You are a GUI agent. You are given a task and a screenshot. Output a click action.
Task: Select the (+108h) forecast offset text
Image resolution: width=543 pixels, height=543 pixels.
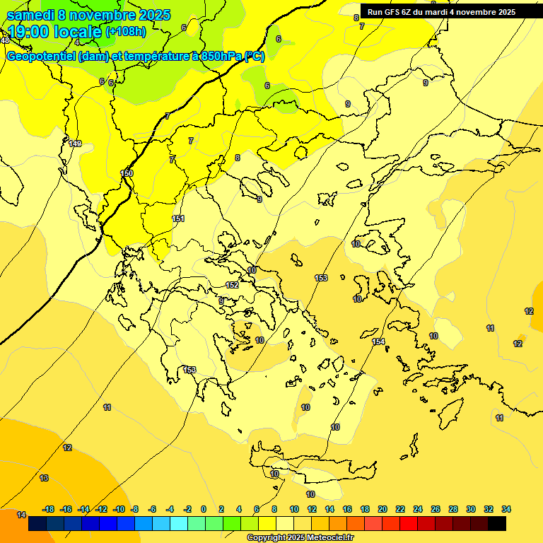[125, 32]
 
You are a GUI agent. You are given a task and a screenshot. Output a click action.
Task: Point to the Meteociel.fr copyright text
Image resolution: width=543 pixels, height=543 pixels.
[300, 538]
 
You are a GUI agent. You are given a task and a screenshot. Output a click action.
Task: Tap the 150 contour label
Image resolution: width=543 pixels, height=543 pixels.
[127, 173]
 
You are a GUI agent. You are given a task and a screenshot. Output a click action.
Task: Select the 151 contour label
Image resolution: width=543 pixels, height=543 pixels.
[178, 218]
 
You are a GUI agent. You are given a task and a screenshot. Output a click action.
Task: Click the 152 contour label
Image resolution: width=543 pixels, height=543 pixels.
[232, 285]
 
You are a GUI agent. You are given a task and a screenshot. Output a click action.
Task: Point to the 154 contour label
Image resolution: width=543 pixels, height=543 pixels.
[379, 341]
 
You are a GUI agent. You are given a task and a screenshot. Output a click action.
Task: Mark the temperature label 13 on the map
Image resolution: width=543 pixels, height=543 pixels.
[44, 478]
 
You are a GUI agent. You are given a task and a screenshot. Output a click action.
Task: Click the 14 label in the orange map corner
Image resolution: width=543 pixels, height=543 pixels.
[21, 515]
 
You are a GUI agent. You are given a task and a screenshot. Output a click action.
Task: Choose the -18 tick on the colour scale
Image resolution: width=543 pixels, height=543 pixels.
[49, 509]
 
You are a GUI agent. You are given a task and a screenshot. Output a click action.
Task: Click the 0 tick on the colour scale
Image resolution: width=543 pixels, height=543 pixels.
[204, 509]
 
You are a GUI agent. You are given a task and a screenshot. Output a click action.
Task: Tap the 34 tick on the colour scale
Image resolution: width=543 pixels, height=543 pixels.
[506, 509]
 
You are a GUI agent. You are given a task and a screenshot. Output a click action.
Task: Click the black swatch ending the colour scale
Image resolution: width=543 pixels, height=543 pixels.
[497, 524]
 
